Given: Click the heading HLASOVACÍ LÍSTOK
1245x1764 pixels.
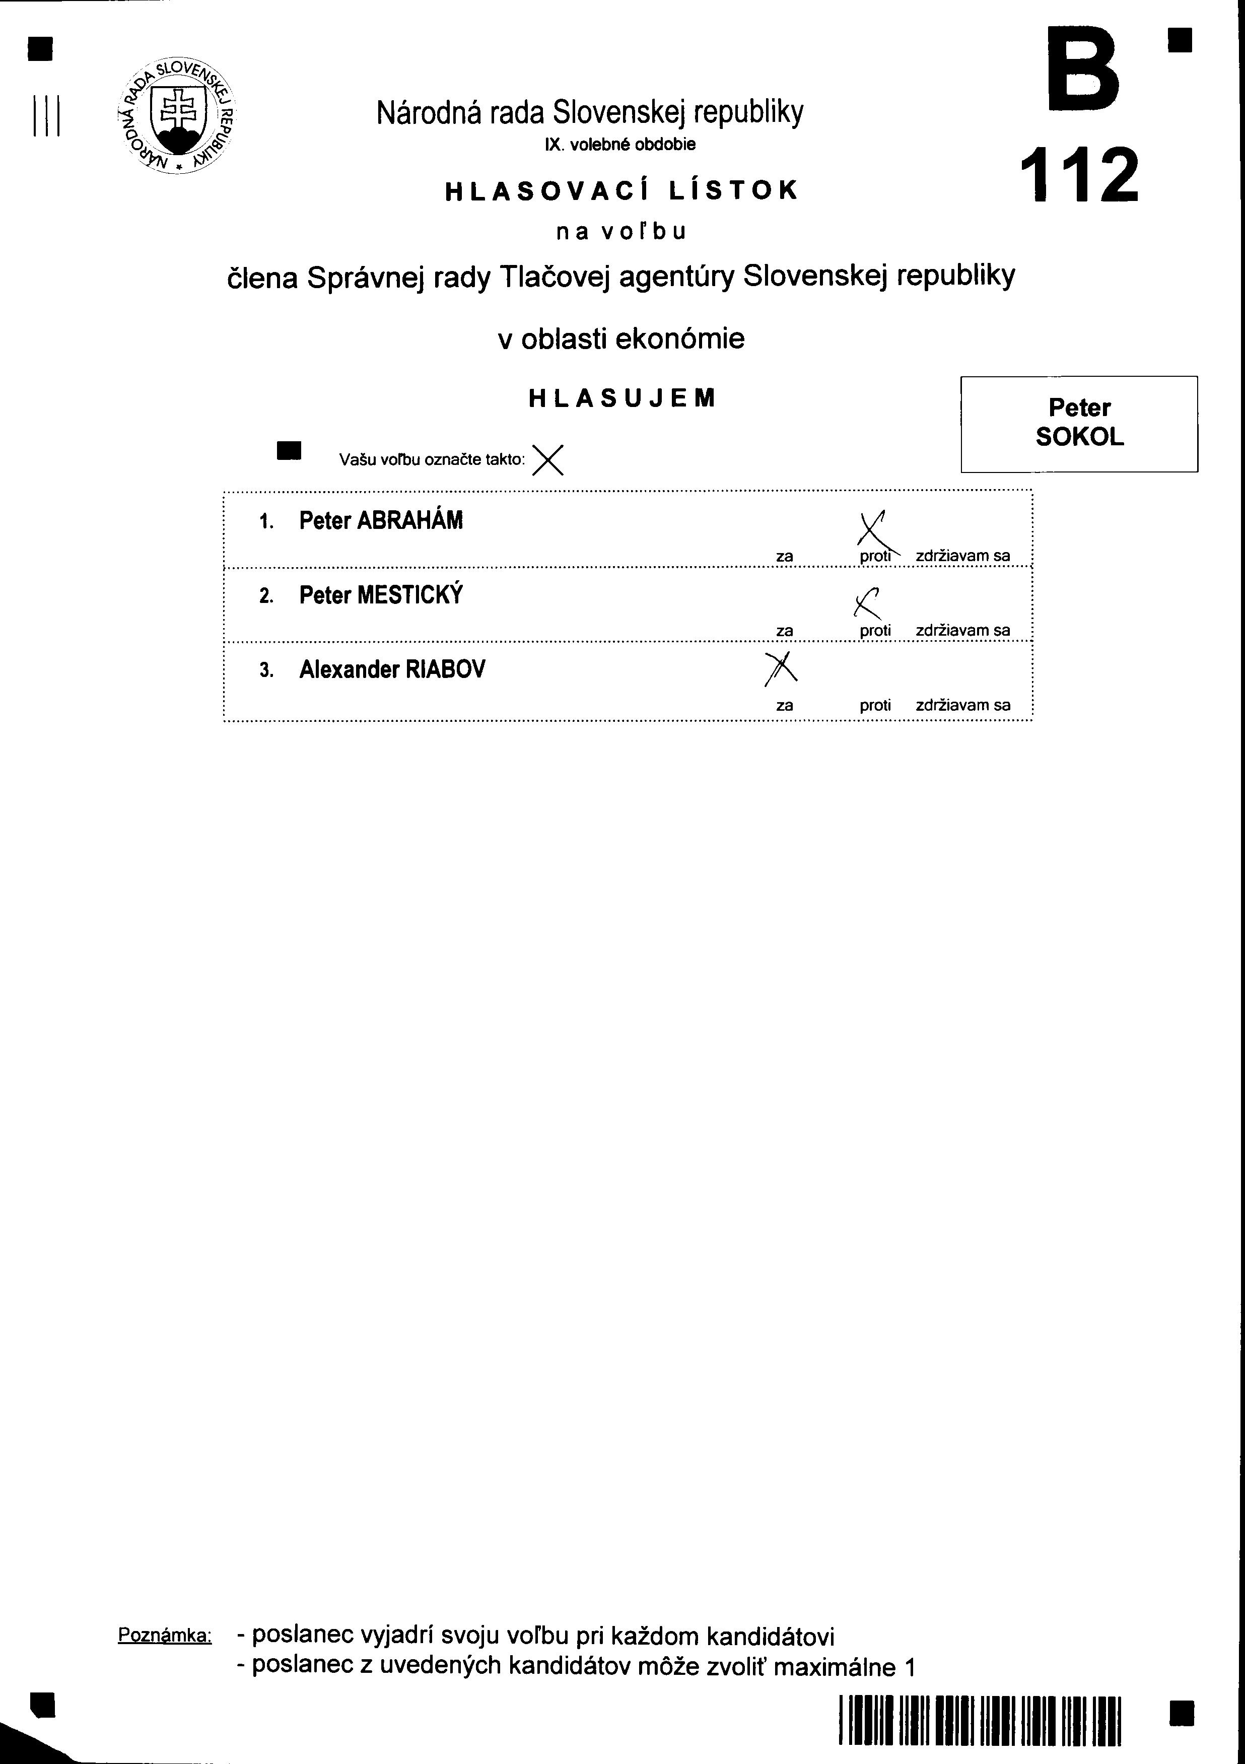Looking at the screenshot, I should [622, 190].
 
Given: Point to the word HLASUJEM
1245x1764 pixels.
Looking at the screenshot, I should [622, 398].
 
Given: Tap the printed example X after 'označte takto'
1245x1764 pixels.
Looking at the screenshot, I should [547, 460].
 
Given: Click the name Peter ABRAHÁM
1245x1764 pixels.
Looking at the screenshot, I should [381, 521].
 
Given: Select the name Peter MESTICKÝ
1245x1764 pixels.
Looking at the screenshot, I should [381, 595].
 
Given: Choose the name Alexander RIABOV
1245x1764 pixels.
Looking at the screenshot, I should [392, 670].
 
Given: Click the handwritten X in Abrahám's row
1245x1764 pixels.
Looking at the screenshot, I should [874, 530].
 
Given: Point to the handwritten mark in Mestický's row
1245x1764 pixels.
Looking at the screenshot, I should [866, 602].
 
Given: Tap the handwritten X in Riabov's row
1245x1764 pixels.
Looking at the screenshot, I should [780, 668].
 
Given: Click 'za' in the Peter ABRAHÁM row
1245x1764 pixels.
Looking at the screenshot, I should [784, 556].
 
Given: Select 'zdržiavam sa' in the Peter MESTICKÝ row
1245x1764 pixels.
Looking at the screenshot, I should [962, 631].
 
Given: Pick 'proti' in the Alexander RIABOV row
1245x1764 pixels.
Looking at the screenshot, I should [875, 705].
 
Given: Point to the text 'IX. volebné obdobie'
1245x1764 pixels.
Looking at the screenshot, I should [620, 145].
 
